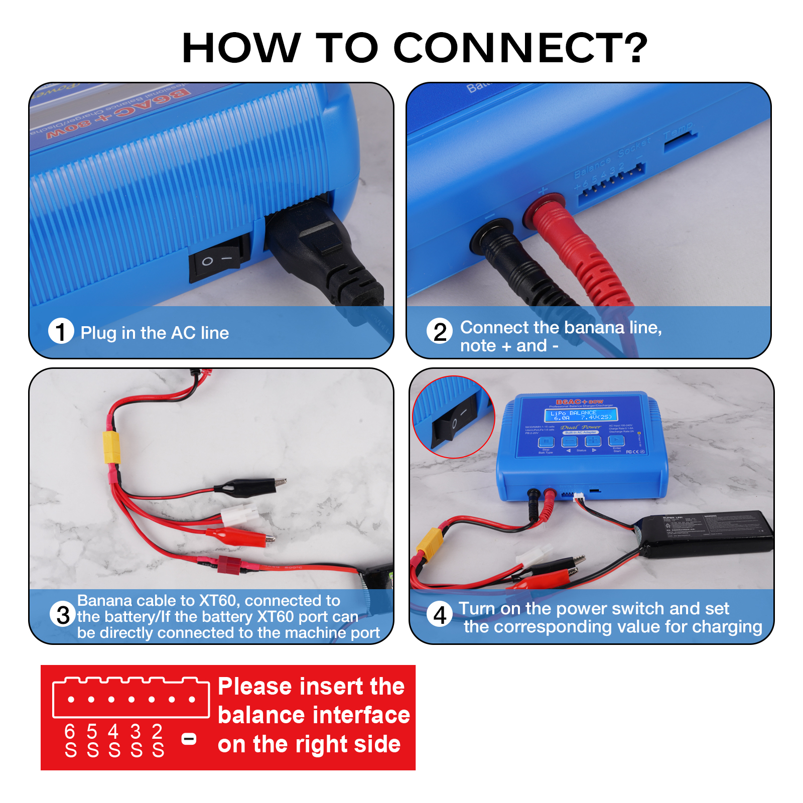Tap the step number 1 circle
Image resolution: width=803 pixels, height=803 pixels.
coord(61,331)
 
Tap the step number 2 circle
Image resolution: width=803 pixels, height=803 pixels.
coord(440,331)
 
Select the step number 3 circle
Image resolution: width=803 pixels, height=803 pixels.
coord(63,614)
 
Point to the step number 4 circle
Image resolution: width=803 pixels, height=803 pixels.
coord(440,614)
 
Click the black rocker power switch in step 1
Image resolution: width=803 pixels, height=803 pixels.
coord(219,257)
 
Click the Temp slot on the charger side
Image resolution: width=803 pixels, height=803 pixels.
coord(680,142)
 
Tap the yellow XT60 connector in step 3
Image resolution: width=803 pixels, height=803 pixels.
coord(112,447)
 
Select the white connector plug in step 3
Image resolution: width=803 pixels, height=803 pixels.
coord(240,516)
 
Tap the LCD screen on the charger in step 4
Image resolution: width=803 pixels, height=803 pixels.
coord(581,415)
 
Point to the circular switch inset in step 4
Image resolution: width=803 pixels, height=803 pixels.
coord(453,417)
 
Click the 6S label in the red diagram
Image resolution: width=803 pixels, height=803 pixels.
coord(70,741)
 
